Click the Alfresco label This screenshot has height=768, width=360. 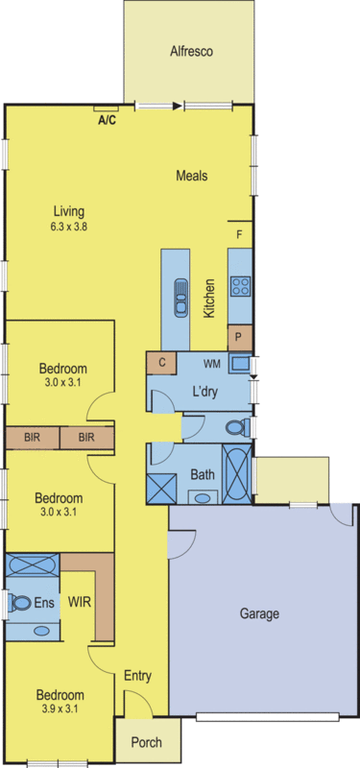190,52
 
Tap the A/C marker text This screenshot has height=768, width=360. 108,121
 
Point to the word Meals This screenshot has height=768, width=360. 192,176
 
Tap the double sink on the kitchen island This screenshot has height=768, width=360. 177,296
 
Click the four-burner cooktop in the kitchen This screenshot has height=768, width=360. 240,285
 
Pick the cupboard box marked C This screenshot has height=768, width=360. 161,364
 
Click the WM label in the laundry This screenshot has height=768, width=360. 213,364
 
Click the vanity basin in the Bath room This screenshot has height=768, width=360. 202,496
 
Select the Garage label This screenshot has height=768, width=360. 260,612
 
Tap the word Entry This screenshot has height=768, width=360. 137,677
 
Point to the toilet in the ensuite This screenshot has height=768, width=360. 21,602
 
